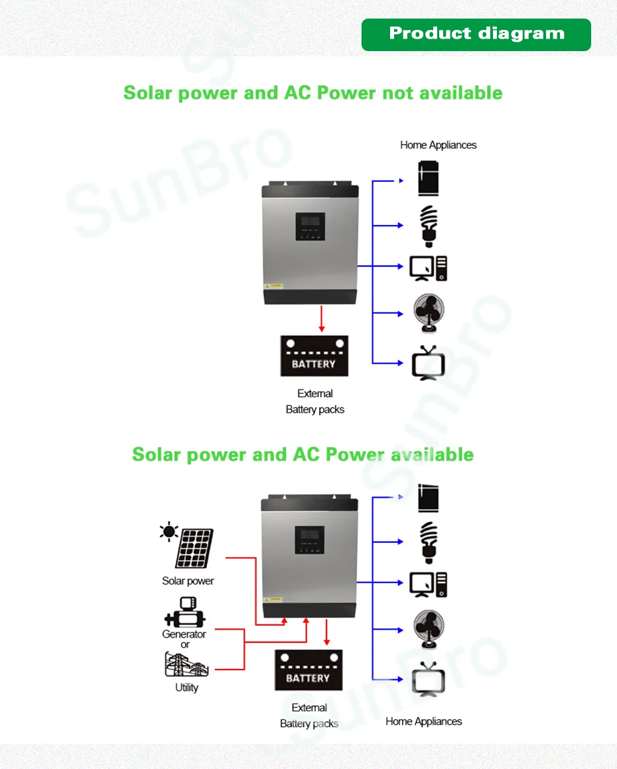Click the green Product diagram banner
tap(476, 35)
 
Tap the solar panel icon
tap(194, 548)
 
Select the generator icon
tap(184, 612)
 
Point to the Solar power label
tap(188, 581)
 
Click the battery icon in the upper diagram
tap(314, 356)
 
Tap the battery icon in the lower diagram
tap(308, 670)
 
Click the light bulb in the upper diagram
tap(430, 226)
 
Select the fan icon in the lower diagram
tap(429, 627)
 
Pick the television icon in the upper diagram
tap(428, 364)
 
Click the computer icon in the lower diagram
tap(428, 585)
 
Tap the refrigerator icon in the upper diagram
tap(429, 178)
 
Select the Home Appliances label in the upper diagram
tap(438, 145)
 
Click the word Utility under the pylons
tap(186, 687)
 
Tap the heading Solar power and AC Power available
tap(303, 454)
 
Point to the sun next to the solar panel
tap(169, 532)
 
